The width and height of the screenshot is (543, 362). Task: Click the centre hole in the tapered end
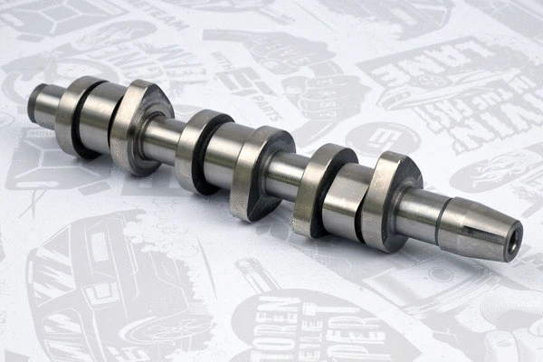click(x=515, y=238)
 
